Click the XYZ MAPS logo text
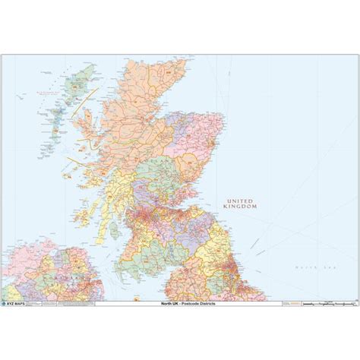(x=23, y=302)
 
